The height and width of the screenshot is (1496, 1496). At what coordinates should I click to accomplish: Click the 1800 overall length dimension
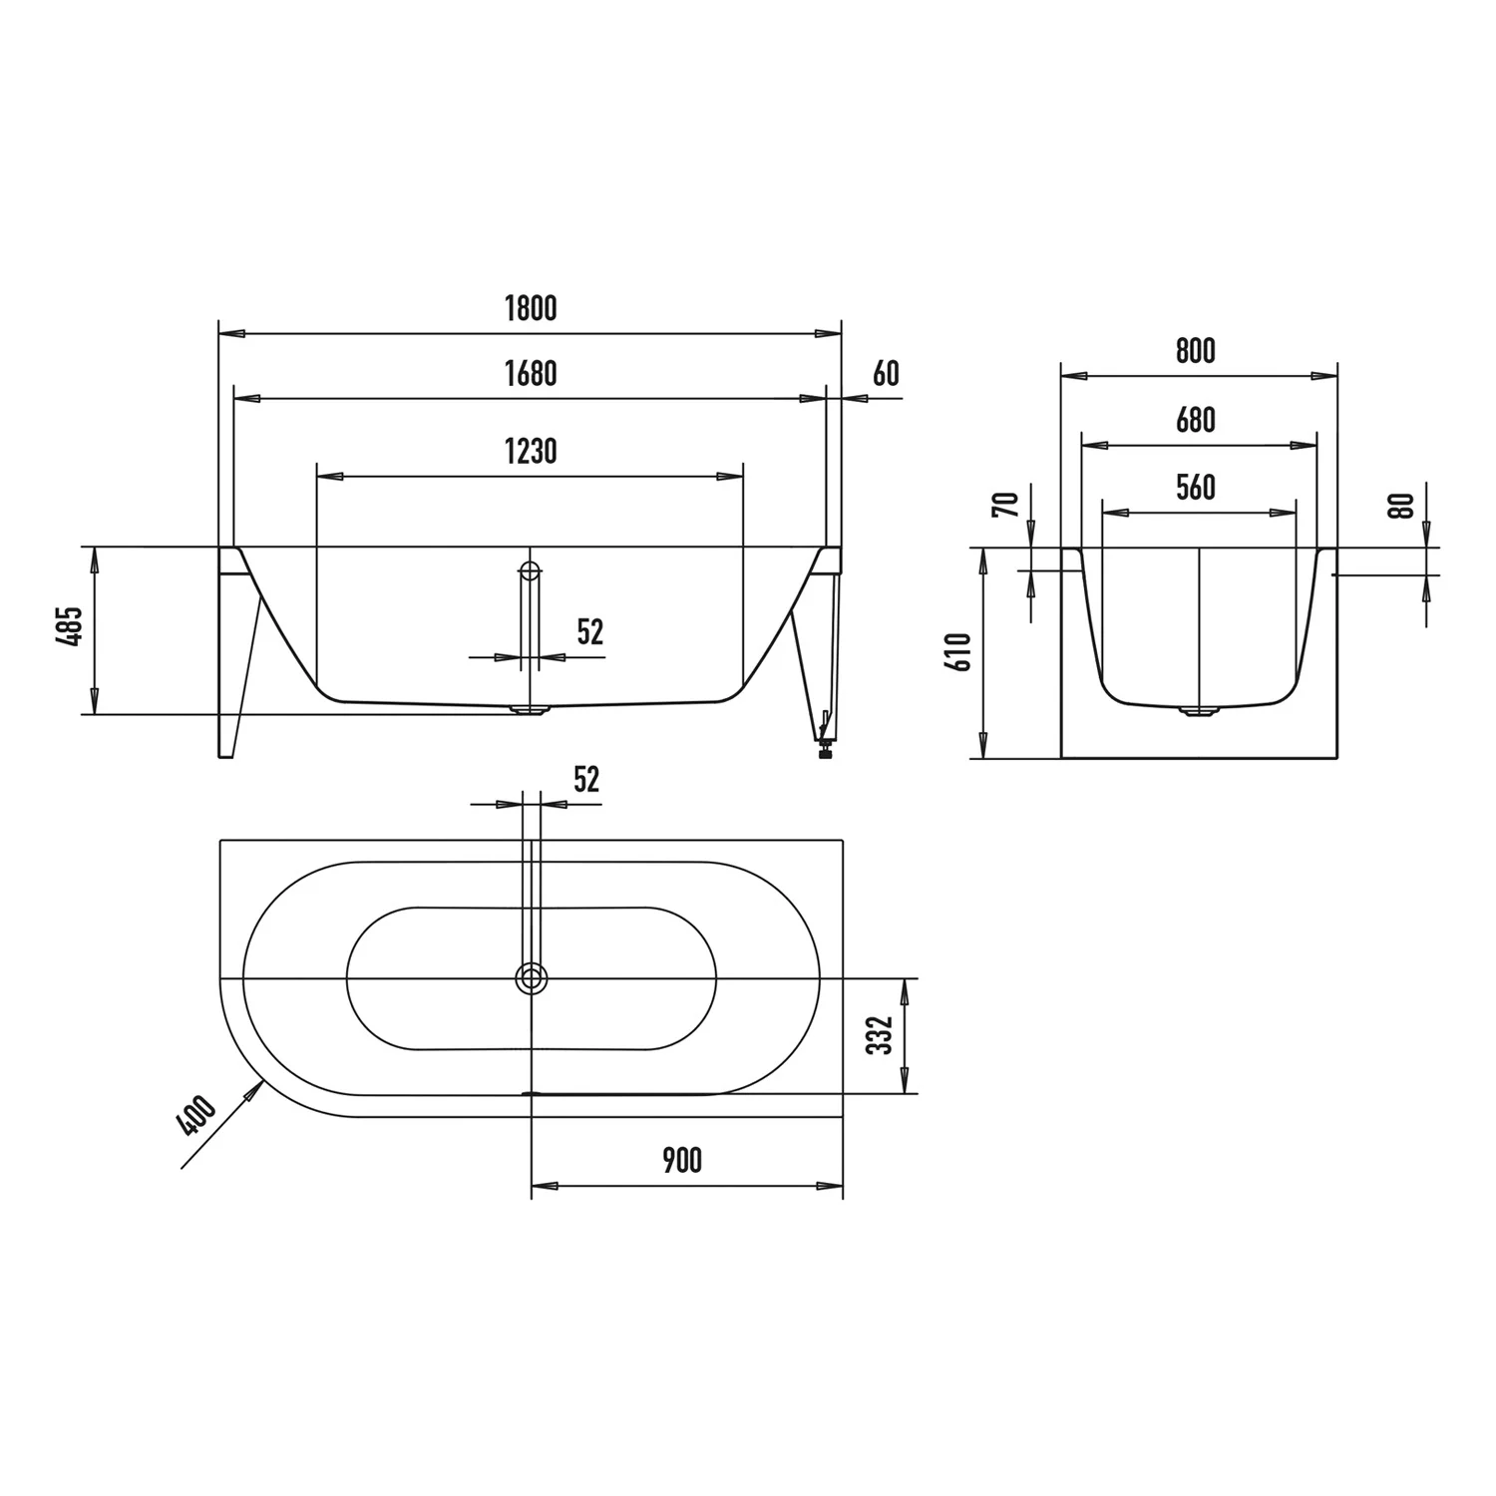click(x=531, y=309)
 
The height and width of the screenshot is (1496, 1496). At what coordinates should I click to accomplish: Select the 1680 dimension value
click(x=531, y=374)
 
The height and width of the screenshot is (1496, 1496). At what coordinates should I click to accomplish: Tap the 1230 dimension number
click(x=531, y=452)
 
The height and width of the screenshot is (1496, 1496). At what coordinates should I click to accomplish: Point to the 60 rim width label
click(x=886, y=374)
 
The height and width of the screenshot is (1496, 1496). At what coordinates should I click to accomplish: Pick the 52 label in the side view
click(x=590, y=632)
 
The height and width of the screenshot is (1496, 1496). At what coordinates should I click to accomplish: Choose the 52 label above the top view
click(x=586, y=780)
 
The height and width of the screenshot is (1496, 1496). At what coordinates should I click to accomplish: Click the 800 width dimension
click(x=1196, y=351)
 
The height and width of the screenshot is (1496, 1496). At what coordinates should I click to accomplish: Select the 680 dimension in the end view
click(x=1196, y=421)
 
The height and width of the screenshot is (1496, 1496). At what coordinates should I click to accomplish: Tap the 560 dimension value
click(x=1196, y=488)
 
